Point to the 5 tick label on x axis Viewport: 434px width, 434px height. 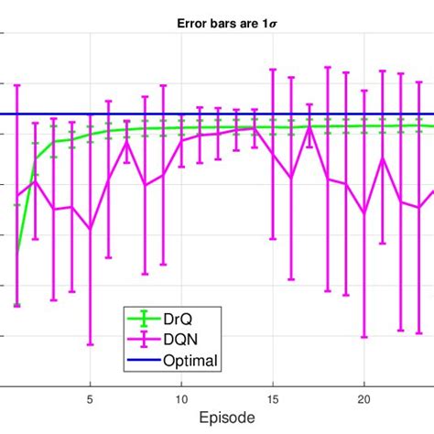(90, 399)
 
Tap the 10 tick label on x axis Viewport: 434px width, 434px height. (181, 399)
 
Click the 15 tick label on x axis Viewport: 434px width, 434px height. (273, 399)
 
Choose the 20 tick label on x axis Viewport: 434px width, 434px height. (363, 399)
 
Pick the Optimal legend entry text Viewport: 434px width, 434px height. (190, 361)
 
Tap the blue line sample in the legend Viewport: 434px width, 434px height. (142, 361)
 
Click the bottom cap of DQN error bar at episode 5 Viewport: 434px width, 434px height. (90, 344)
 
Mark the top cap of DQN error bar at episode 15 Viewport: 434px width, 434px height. (273, 69)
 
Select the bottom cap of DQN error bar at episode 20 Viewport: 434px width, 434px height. (363, 336)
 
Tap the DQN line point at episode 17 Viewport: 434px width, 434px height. (309, 126)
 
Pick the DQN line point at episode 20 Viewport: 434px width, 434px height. (363, 213)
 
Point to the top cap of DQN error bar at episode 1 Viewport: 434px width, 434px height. (17, 85)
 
